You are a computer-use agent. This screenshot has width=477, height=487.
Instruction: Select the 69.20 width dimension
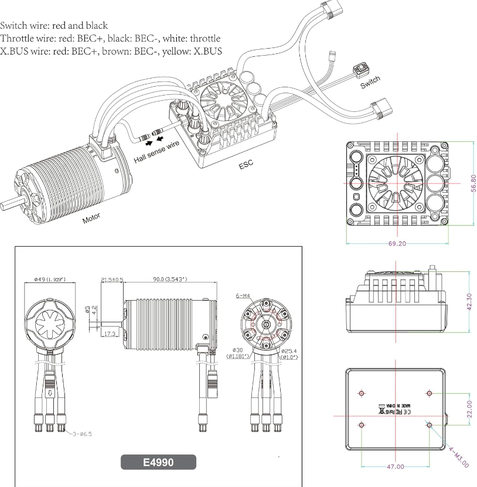[398, 244]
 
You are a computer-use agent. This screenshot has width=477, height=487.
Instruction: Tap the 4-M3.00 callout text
[459, 457]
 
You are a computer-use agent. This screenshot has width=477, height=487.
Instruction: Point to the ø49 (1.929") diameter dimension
[49, 279]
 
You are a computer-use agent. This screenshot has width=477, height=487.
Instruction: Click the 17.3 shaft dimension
[109, 333]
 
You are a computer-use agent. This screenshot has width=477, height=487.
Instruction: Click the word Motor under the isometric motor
[91, 218]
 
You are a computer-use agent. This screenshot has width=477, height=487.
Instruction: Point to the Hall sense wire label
[157, 151]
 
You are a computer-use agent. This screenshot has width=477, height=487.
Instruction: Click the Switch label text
[370, 82]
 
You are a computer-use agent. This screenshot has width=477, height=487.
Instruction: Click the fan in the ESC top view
[396, 183]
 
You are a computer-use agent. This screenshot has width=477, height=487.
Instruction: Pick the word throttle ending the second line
[200, 39]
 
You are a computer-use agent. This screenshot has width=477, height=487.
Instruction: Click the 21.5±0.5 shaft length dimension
[112, 280]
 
